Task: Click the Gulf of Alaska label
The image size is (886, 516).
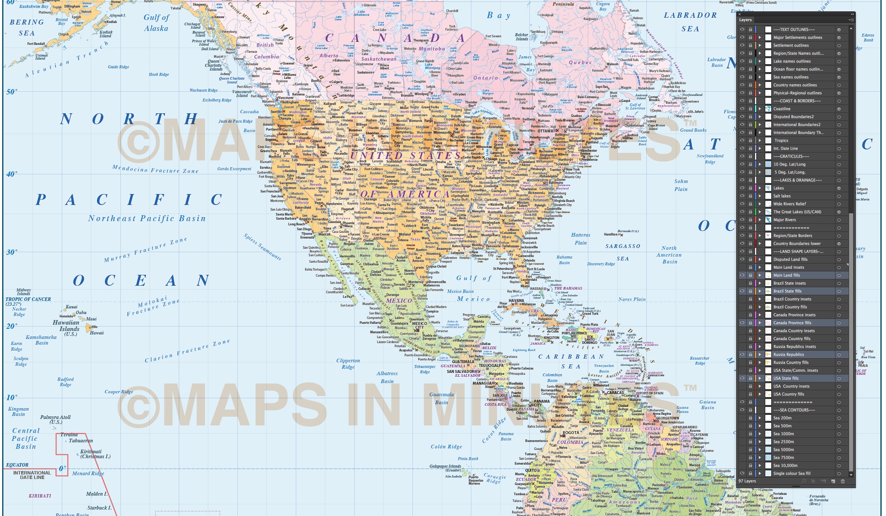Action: point(156,23)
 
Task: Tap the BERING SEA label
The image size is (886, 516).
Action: point(27,28)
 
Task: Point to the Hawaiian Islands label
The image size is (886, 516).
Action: point(66,326)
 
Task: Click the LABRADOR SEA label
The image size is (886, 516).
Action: point(690,22)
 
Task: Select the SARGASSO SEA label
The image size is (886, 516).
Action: point(623,252)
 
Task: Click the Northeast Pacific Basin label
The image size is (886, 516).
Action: point(147,219)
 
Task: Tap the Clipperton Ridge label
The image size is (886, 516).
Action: point(348,364)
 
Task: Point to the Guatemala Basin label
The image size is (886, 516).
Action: point(441,398)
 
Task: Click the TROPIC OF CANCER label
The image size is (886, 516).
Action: point(28,299)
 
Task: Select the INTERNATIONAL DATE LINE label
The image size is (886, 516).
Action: point(32,475)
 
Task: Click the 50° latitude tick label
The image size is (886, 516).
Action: point(12,92)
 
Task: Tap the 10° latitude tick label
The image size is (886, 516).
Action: point(12,397)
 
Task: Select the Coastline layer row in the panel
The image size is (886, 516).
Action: point(782,109)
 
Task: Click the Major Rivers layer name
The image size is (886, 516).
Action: point(784,220)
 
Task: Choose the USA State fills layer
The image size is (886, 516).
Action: point(786,378)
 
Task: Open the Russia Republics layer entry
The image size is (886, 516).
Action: point(788,354)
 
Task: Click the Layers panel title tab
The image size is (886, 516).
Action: point(745,20)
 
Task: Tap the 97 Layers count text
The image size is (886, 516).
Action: point(747,481)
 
